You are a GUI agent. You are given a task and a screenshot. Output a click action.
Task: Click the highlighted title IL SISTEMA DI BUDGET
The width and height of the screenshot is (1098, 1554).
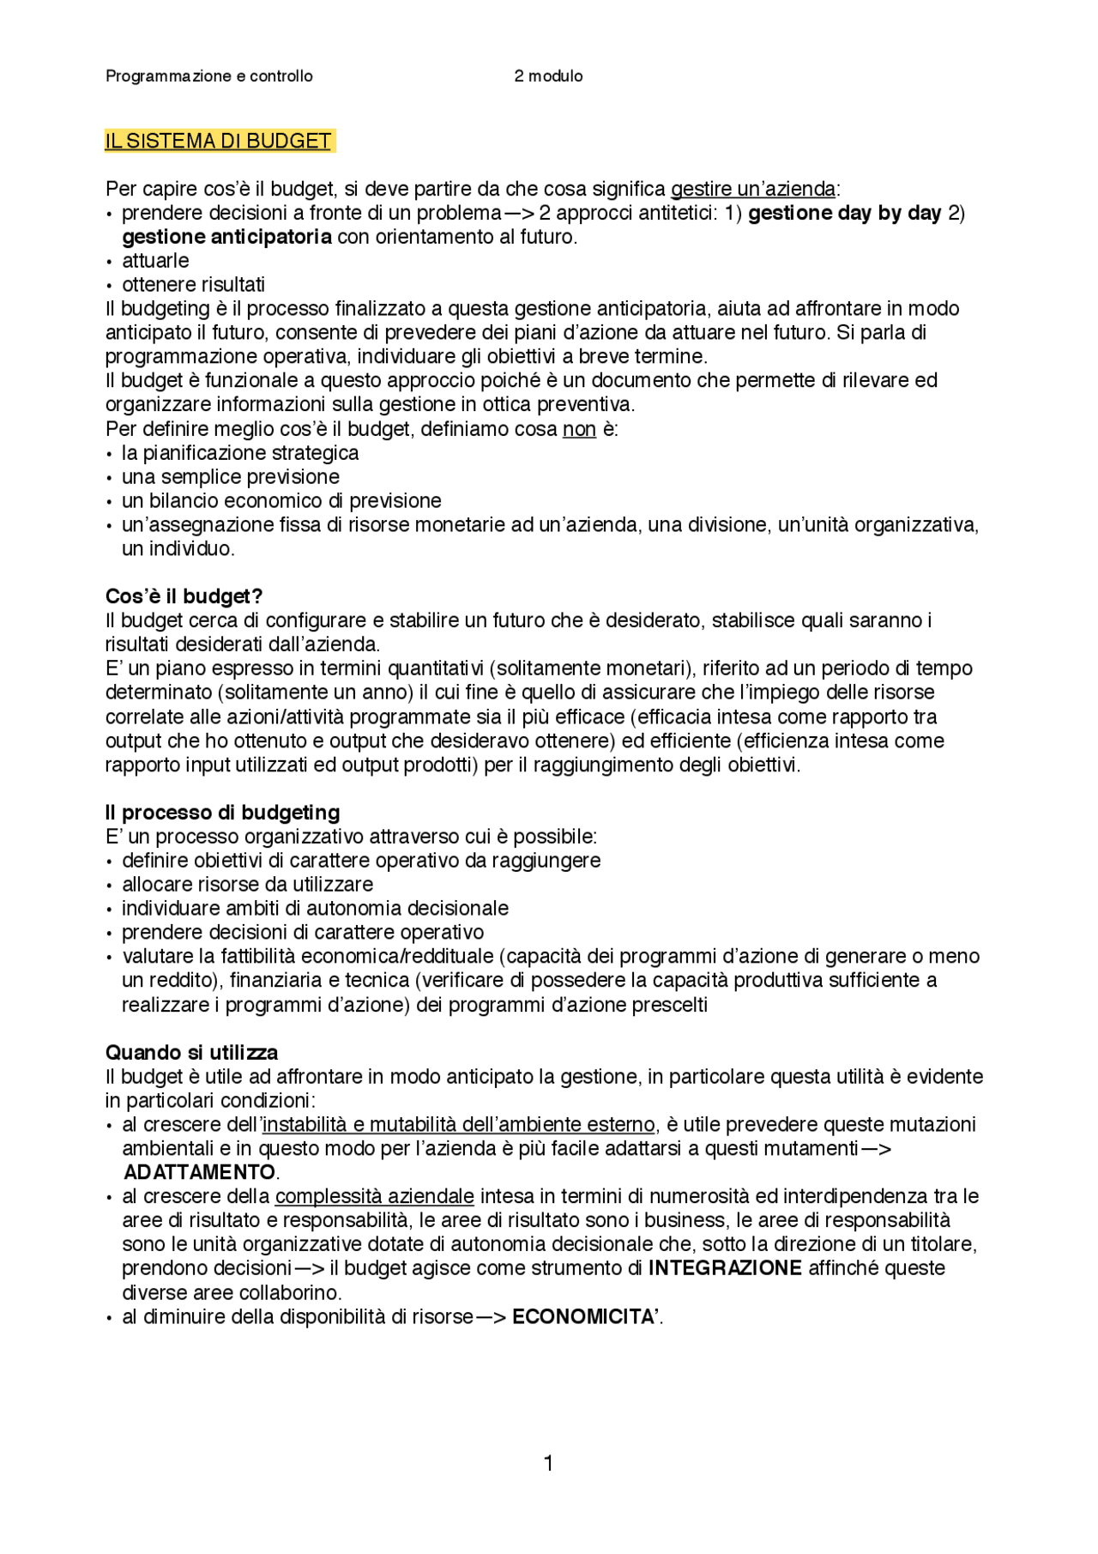(x=218, y=141)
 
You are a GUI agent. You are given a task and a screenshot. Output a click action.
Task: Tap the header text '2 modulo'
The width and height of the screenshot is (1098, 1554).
(x=548, y=76)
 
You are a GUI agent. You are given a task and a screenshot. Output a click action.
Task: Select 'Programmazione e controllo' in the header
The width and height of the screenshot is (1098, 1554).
(x=209, y=76)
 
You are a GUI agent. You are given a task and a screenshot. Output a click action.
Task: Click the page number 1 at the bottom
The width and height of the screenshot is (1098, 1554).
(x=548, y=1463)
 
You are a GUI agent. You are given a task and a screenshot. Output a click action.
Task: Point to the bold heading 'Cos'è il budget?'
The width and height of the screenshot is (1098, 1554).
(x=184, y=596)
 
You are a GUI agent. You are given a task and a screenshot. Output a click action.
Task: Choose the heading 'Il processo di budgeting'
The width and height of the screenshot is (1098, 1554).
(x=222, y=812)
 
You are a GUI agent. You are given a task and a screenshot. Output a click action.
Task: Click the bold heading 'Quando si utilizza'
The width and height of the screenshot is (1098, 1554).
(x=191, y=1052)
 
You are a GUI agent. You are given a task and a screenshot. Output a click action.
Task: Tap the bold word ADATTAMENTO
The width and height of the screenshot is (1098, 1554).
(x=199, y=1172)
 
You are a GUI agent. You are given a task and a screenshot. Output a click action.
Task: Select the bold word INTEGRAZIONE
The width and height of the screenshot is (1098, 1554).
(x=725, y=1268)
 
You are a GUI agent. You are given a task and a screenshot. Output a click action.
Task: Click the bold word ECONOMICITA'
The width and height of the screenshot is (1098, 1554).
(x=586, y=1316)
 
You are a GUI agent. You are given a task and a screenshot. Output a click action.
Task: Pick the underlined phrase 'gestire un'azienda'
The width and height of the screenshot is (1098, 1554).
(x=752, y=189)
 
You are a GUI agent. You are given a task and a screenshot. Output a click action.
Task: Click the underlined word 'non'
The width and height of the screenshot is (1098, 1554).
(x=579, y=429)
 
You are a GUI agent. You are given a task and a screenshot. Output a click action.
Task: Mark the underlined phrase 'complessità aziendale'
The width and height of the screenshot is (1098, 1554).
(x=374, y=1196)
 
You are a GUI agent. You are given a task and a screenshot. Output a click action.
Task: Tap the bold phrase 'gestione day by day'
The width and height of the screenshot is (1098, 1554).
(x=844, y=213)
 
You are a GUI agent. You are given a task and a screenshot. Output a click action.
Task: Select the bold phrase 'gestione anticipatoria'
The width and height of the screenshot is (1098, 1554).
(x=226, y=237)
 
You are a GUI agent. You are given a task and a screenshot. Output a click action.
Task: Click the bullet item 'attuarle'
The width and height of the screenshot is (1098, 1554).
(x=155, y=261)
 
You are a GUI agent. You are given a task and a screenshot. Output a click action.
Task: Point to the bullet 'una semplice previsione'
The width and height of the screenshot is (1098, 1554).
(x=230, y=477)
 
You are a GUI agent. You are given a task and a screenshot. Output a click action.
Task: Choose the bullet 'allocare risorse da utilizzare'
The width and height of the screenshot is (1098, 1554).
(x=247, y=884)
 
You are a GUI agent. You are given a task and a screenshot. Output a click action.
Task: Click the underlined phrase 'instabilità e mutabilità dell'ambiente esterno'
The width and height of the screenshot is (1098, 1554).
(x=458, y=1124)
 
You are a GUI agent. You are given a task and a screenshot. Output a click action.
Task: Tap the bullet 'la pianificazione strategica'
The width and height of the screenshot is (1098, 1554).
(x=240, y=453)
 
